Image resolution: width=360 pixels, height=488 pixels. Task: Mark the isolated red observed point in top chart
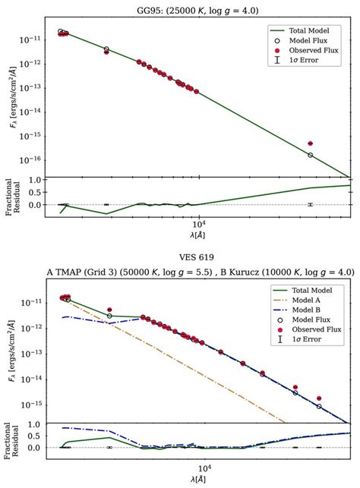(x=310, y=143)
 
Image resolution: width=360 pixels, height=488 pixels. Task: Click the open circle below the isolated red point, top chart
(x=310, y=155)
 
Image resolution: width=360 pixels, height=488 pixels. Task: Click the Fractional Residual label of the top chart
(x=13, y=198)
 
